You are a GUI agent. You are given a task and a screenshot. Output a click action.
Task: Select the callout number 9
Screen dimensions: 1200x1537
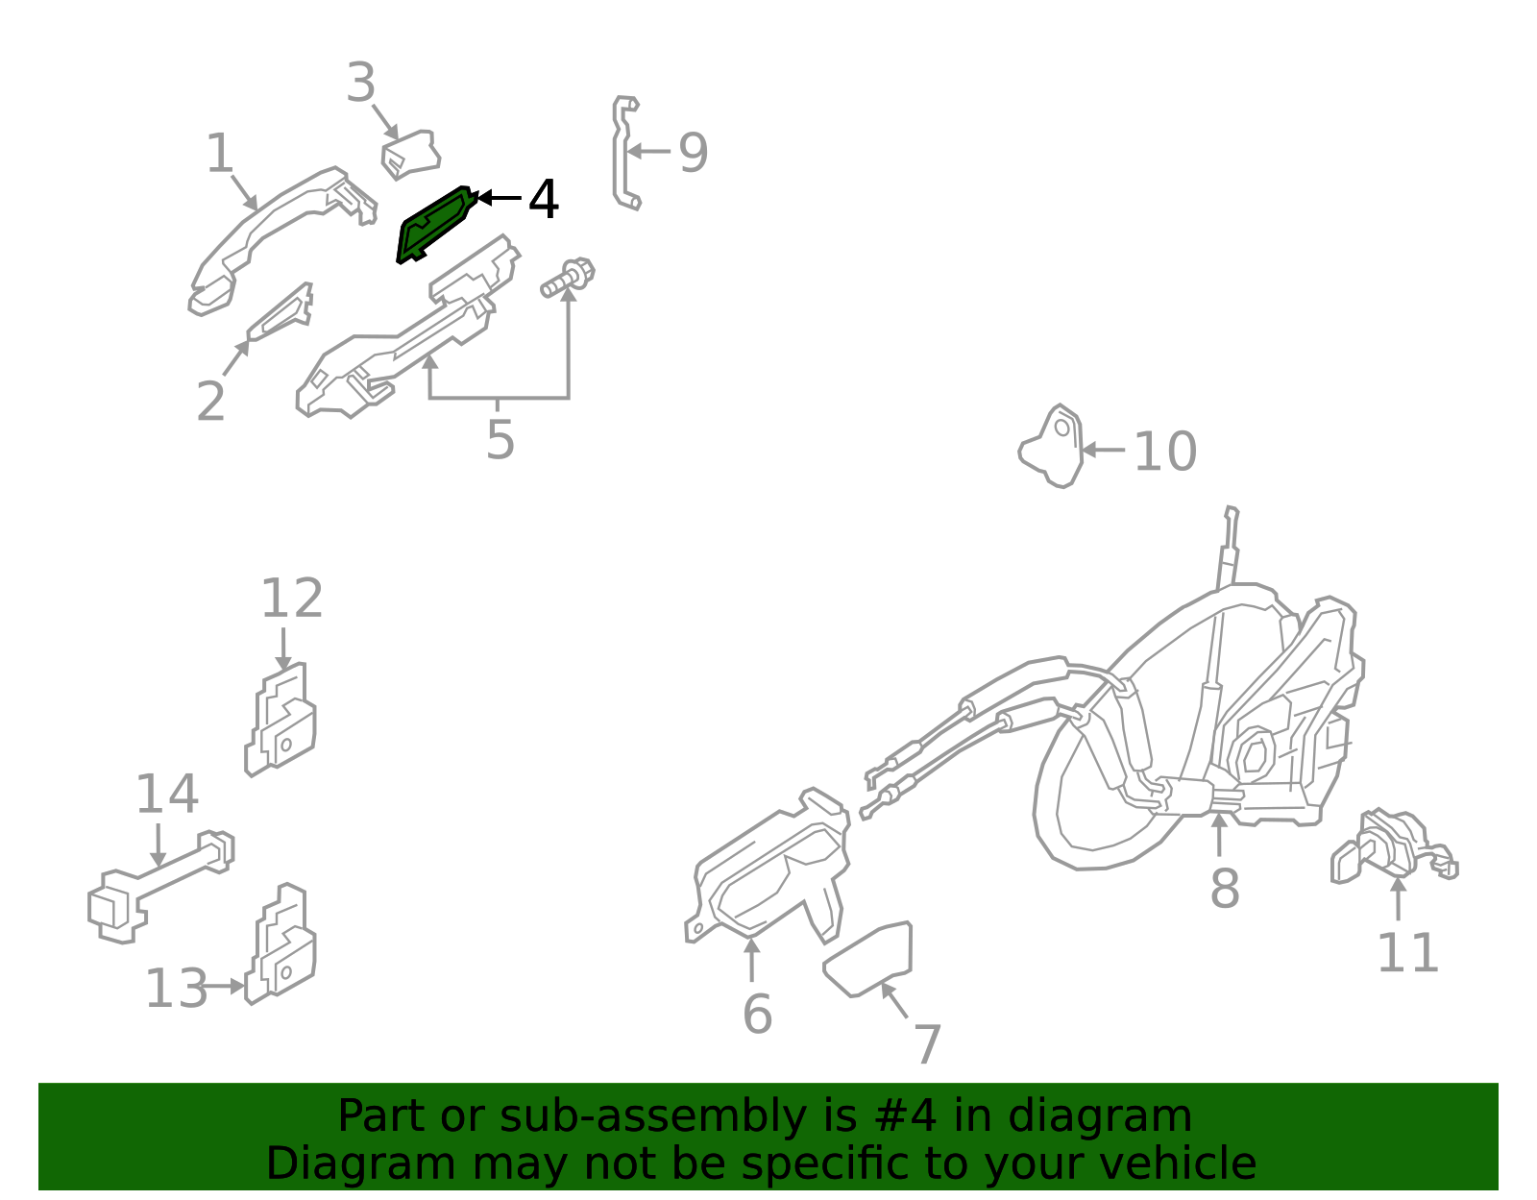pos(693,153)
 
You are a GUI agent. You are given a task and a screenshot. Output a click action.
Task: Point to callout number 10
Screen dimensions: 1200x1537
pos(1164,451)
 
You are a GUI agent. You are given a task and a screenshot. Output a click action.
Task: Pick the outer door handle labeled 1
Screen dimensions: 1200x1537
pos(279,231)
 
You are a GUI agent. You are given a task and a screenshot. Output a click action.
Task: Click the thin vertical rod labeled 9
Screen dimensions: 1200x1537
pos(622,154)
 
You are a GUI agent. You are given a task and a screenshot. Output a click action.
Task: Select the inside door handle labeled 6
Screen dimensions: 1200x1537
pos(768,874)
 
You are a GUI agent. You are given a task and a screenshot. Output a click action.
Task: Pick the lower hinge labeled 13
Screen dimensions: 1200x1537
pos(283,946)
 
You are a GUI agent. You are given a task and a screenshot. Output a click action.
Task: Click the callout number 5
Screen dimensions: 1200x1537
pos(500,441)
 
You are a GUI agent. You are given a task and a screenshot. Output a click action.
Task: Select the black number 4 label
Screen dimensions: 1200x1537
pos(544,200)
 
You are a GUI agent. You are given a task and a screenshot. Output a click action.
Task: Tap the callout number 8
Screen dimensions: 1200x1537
pos(1224,888)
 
